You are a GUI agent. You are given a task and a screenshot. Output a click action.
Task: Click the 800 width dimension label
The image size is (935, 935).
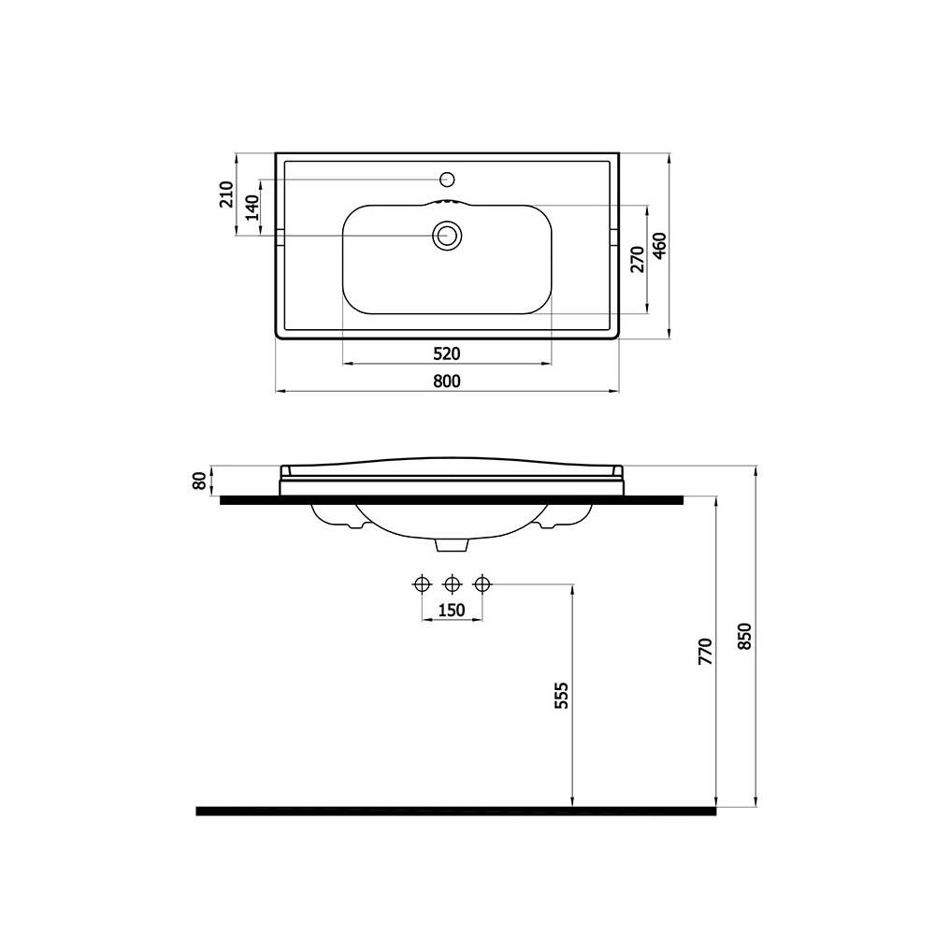coord(447,381)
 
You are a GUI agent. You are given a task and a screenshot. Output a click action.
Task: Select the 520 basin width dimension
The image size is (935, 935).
coord(447,353)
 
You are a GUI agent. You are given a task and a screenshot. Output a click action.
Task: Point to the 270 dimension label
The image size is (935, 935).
coord(636,259)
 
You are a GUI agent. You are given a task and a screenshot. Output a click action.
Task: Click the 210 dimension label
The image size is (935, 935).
coord(225,194)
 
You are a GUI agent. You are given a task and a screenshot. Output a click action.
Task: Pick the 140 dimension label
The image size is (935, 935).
coord(251,208)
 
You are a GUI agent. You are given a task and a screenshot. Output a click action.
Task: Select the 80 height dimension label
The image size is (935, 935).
coord(198,481)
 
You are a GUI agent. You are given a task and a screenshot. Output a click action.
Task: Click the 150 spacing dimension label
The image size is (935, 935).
coord(452,611)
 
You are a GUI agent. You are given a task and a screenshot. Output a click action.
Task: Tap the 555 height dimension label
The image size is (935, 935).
coord(561,696)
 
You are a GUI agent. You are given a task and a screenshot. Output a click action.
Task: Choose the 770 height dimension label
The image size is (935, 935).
coord(706,651)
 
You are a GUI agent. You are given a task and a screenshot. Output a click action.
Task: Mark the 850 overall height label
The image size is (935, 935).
coord(744,636)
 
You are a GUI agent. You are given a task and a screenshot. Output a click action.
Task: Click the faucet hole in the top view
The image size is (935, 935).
coord(447,179)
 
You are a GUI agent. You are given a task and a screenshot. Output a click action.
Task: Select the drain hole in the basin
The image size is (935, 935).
coord(447,236)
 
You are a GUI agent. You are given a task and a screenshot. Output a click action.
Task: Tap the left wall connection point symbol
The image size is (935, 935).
coord(422,584)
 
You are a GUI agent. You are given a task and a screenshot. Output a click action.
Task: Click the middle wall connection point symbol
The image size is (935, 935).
coord(452,584)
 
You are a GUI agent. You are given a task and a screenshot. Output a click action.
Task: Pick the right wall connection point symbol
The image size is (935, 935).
coord(482,584)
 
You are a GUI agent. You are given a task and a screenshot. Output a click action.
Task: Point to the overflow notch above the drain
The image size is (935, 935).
coord(447,201)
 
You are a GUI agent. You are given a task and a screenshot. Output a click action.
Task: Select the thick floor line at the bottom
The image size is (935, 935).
coord(455,811)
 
